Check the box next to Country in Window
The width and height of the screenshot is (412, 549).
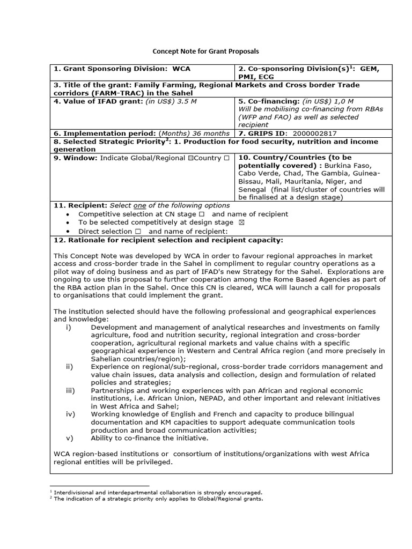[227, 158]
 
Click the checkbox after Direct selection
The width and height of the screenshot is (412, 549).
[138, 231]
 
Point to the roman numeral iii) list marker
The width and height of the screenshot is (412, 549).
[70, 390]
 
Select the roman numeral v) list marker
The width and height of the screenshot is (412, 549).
[69, 438]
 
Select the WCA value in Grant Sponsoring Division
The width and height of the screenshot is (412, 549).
[181, 69]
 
